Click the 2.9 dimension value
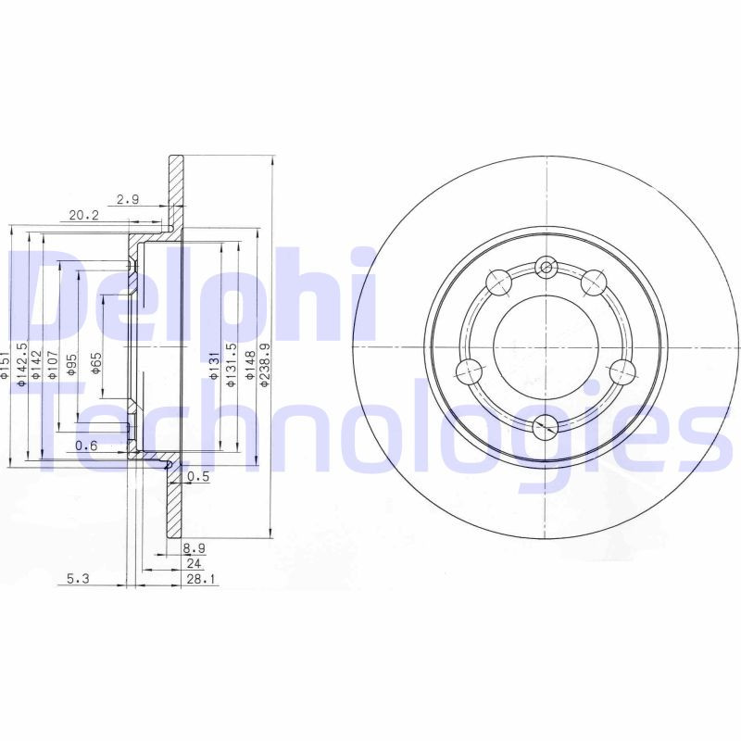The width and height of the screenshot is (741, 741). coord(128,199)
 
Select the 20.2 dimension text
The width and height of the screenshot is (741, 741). coord(83,216)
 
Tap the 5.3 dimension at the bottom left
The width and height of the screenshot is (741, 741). coord(78,580)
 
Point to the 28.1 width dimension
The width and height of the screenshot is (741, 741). coord(200,580)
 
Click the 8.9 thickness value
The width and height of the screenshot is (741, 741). coord(195,549)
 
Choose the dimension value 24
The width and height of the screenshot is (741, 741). coord(194,563)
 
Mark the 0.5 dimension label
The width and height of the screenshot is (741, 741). coord(197,477)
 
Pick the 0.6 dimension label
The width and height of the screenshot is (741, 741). coord(86,446)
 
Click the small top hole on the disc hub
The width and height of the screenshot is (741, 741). coord(546,269)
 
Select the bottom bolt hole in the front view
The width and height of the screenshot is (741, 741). coord(547,426)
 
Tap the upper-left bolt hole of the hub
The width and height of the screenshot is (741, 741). coord(497,277)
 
